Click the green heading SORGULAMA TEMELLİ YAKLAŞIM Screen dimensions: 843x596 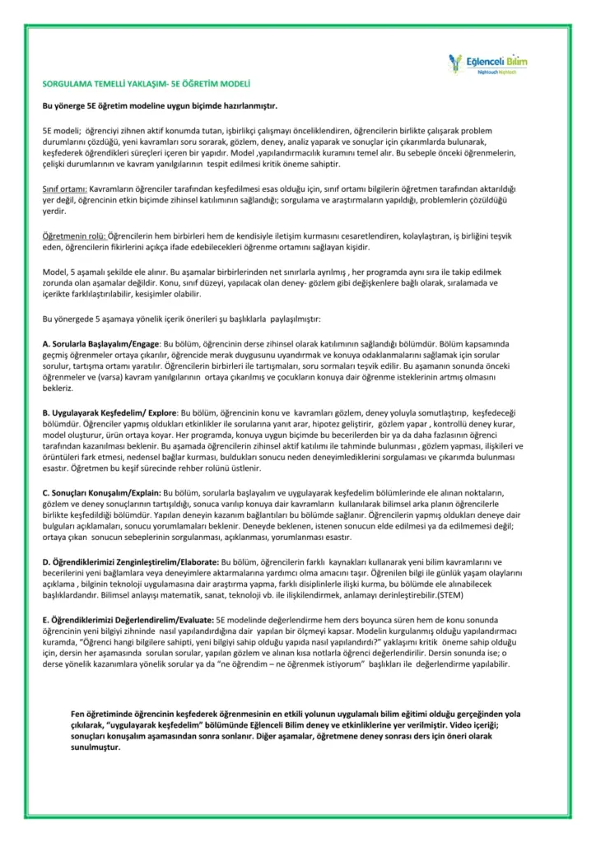click(x=146, y=84)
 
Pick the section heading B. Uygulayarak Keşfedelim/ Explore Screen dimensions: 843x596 click(x=109, y=411)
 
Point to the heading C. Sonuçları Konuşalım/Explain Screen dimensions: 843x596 click(x=101, y=491)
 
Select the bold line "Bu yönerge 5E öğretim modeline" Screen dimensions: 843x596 click(x=160, y=106)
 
